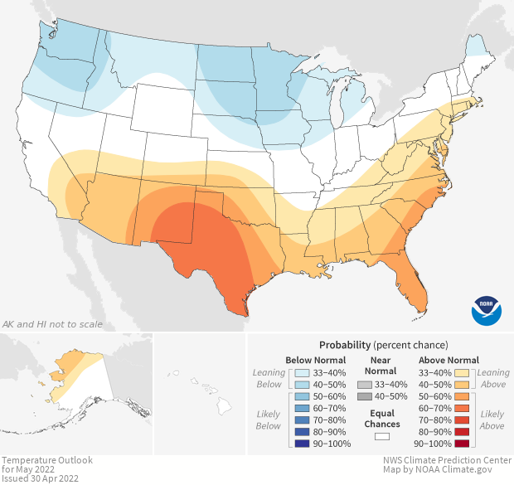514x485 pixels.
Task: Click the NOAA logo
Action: coord(487,309)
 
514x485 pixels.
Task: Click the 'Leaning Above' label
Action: coord(495,378)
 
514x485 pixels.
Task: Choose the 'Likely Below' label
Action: coord(269,420)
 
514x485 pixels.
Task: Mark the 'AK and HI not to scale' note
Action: coord(53,323)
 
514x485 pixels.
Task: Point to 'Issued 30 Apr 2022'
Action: coord(40,478)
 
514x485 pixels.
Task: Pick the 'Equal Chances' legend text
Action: coord(382,418)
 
